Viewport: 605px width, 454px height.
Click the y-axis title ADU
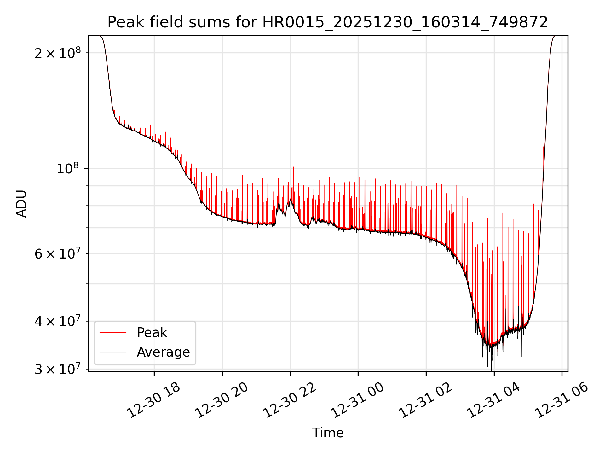pyautogui.click(x=21, y=204)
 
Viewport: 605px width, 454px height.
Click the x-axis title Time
pyautogui.click(x=328, y=433)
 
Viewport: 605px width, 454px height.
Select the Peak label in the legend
pyautogui.click(x=152, y=332)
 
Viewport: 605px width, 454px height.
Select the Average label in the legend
pyautogui.click(x=163, y=352)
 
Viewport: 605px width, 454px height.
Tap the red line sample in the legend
pyautogui.click(x=113, y=332)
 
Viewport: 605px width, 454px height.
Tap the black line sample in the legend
pyautogui.click(x=113, y=352)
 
